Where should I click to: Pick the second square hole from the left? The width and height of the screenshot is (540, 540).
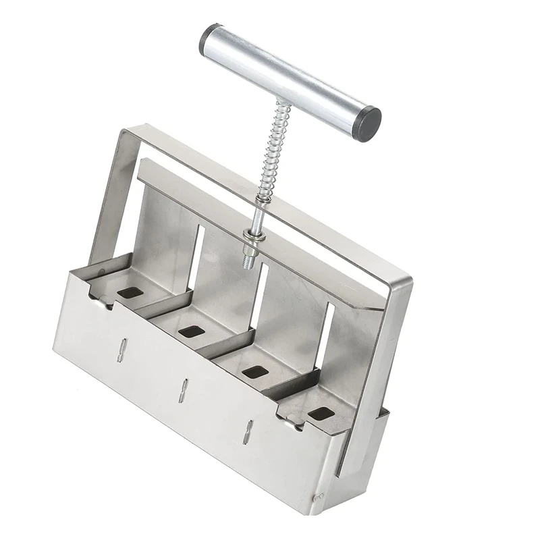[x=192, y=331]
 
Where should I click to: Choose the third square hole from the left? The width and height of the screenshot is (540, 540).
[x=255, y=371]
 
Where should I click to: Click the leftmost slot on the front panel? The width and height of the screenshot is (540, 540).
[x=122, y=350]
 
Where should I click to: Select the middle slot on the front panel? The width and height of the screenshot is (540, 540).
[x=183, y=390]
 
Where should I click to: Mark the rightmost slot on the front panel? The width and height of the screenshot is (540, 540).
[x=248, y=432]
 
